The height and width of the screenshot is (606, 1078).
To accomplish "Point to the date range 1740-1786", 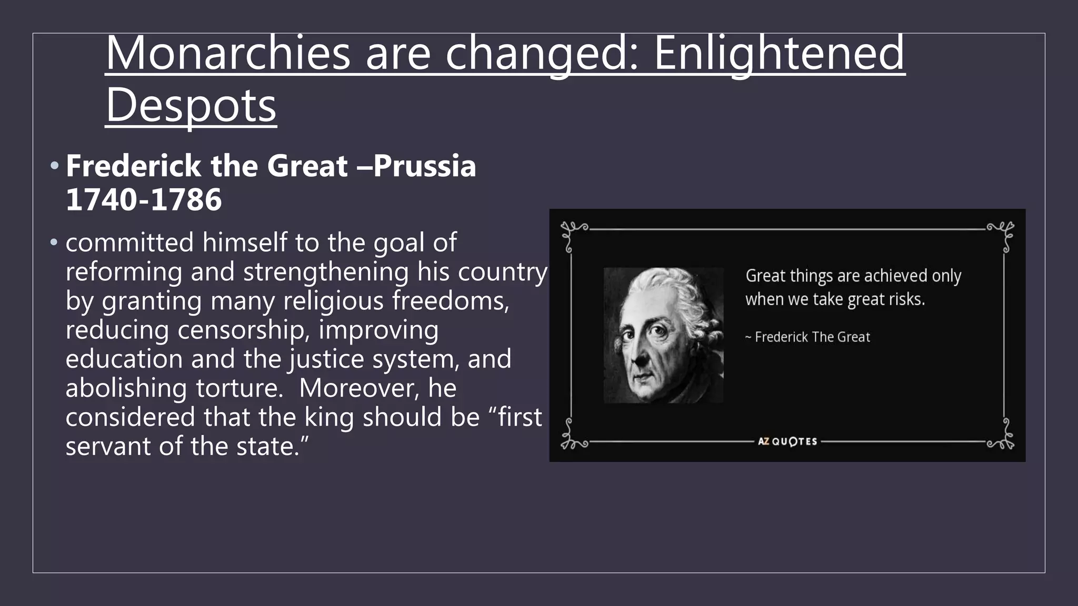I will click(x=144, y=199).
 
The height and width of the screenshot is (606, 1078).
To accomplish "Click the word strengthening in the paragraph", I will click(x=326, y=272).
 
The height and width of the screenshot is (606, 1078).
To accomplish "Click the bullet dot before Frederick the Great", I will click(x=54, y=166).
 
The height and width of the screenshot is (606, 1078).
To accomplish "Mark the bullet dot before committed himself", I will click(x=54, y=243).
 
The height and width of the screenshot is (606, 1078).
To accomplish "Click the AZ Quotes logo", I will click(x=787, y=441).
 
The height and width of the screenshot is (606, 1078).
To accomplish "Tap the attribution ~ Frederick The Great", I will click(x=807, y=337).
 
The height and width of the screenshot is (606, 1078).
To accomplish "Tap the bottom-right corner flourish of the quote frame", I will click(x=1002, y=439).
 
